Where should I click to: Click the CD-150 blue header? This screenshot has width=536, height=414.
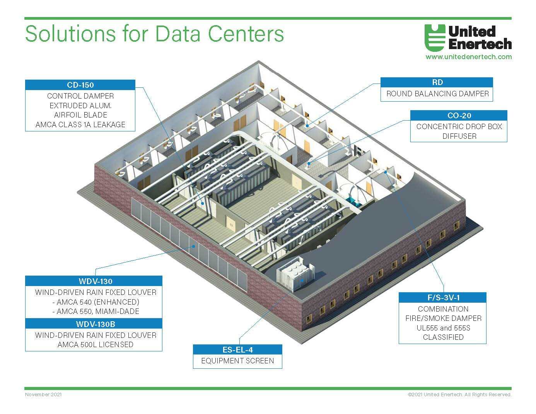coord(80,85)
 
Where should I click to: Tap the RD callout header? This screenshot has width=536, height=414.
coord(437,82)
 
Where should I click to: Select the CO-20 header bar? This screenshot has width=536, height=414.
coord(459,116)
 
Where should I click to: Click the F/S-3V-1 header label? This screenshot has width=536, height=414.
coord(442,298)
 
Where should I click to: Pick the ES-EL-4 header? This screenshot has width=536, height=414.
coord(237,350)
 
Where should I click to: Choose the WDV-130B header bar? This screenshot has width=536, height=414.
coord(94,324)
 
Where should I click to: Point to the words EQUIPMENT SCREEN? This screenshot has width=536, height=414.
coord(237,361)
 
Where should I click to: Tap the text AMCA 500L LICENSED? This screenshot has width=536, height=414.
coord(96,344)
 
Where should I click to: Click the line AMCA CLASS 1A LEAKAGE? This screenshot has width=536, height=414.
coord(80,124)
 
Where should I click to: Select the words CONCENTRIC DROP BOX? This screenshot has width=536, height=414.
coord(459,126)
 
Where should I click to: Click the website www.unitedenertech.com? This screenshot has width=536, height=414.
coord(469,57)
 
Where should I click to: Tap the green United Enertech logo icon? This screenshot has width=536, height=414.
coord(435,37)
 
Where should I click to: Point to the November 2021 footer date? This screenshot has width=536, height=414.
coord(43,395)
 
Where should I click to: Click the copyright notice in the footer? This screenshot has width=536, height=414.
coord(459,395)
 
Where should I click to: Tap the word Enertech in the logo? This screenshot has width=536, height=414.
coord(480,44)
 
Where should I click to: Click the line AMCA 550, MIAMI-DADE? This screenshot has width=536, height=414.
coord(96,311)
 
